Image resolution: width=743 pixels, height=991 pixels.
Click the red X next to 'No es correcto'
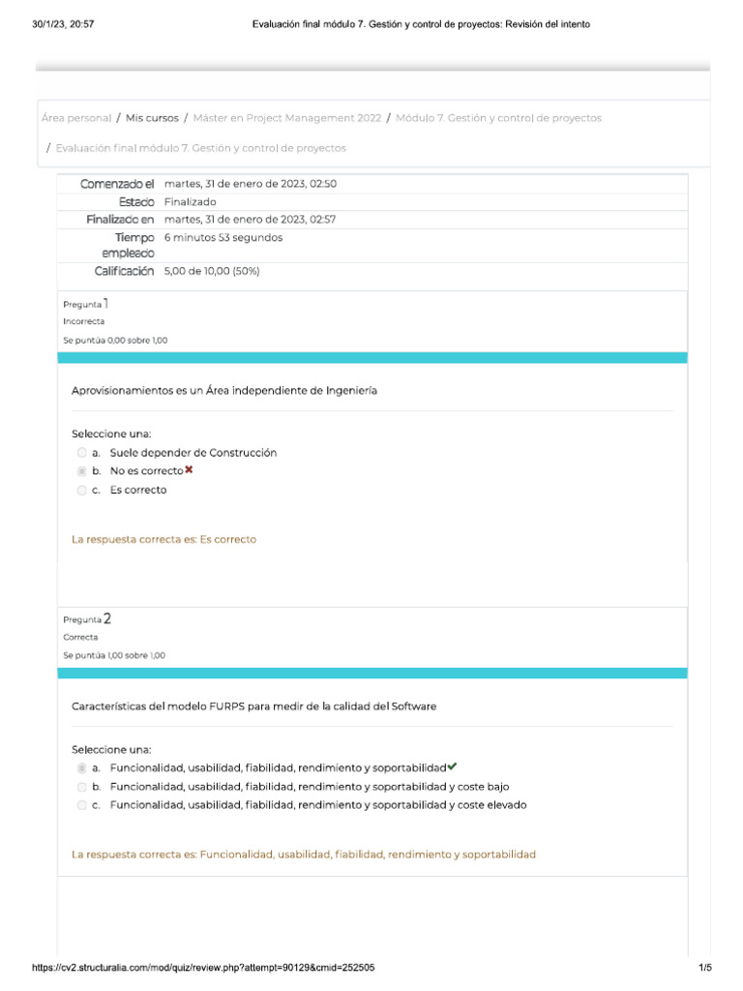click(x=189, y=470)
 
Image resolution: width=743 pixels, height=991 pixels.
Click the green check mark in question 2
click(x=452, y=766)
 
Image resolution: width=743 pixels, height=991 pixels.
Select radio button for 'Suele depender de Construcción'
click(x=81, y=453)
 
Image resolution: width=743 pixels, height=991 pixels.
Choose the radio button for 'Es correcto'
click(x=81, y=491)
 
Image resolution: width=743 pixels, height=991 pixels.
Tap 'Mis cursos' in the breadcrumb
click(x=152, y=118)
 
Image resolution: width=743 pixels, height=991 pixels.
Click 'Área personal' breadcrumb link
click(x=76, y=118)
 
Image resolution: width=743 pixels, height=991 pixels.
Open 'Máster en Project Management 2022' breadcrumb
click(x=286, y=118)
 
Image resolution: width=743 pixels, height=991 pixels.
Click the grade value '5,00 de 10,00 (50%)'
click(x=212, y=272)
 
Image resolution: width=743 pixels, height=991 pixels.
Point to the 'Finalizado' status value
click(x=190, y=202)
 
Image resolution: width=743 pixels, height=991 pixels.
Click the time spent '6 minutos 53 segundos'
click(x=223, y=237)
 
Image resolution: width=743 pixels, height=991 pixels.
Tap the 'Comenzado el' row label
click(x=117, y=184)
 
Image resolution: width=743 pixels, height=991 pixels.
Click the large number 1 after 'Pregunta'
click(x=106, y=303)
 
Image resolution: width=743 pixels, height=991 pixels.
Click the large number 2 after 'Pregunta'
click(x=106, y=618)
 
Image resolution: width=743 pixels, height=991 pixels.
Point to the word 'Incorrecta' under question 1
click(x=84, y=321)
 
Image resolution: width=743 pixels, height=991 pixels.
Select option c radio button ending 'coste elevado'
click(x=81, y=805)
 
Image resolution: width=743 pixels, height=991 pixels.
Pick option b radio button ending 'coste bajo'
click(x=81, y=787)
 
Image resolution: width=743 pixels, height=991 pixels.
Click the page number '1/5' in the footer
click(x=704, y=968)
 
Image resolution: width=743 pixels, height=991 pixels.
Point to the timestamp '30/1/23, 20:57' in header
click(x=64, y=24)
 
